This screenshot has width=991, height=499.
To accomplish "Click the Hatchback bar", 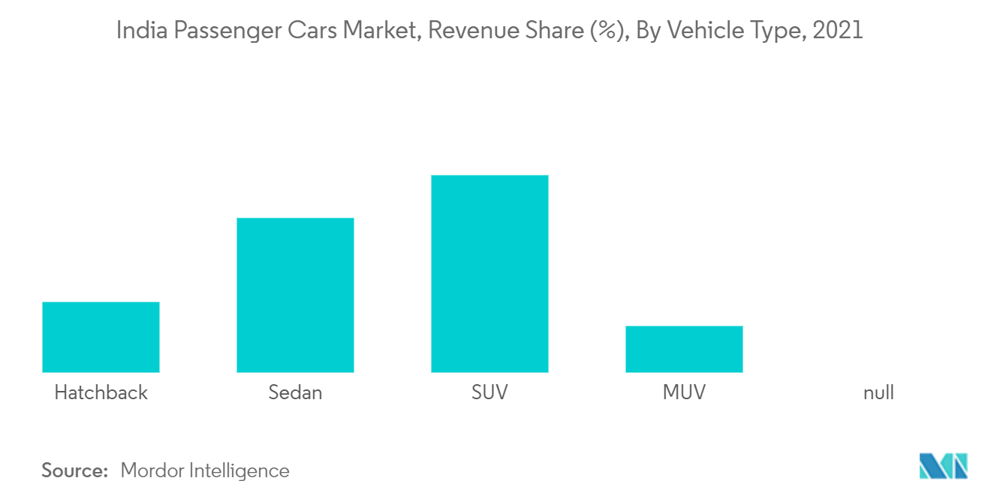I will click(x=101, y=337).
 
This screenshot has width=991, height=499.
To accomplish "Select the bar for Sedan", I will click(x=295, y=295).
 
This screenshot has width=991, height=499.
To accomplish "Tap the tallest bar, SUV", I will click(x=489, y=274).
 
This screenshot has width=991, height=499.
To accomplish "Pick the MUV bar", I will click(x=684, y=349).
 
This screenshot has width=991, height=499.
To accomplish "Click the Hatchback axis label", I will click(x=101, y=392).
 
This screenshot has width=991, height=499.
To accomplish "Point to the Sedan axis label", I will click(x=295, y=392).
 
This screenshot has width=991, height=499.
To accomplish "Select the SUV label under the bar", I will click(x=489, y=392).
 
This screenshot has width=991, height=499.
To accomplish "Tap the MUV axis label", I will click(x=684, y=392).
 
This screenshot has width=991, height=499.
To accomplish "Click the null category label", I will click(x=878, y=392).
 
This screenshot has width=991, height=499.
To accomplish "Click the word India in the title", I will click(x=138, y=31).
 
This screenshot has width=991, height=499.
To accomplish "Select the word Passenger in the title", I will click(x=223, y=31).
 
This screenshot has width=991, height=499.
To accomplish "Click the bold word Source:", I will click(x=75, y=470).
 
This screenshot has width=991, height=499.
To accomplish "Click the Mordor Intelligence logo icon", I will click(x=943, y=466).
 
